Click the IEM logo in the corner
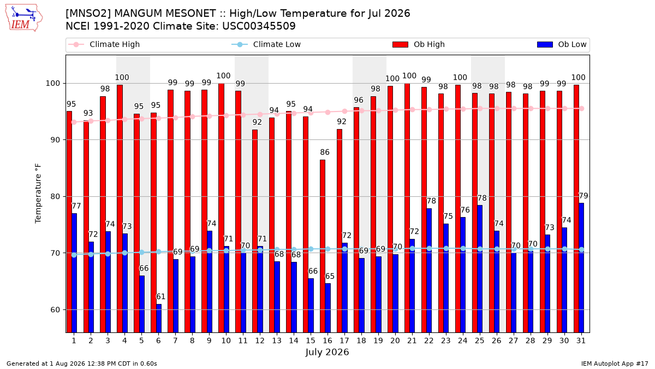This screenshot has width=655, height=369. pos(24,18)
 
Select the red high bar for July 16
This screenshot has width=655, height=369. pos(323,246)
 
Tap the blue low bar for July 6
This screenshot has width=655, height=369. pos(159,318)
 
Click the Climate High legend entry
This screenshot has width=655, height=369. pos(104,44)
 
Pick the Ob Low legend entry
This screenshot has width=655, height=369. pos(562,44)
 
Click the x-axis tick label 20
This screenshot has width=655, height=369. pos(395,341)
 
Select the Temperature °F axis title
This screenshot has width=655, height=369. pos(38,194)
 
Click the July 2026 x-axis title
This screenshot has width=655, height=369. pos(327,352)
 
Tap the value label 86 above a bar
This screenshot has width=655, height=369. pos(325,153)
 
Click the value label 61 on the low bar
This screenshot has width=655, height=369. pos(160,297)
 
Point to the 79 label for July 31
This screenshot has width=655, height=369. pos(583,196)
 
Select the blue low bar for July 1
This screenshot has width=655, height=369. pos(74,273)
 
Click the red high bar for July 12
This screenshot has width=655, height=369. pos(255,231)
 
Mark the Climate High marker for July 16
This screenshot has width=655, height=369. pos(328,113)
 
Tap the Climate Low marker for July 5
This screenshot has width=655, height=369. pos(141,252)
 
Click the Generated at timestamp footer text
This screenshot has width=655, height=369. pos(81,364)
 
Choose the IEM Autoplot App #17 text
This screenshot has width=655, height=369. pos(615,364)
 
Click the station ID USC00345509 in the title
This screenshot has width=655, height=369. pos(259,26)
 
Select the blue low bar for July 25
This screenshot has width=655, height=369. pos(480,269)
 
